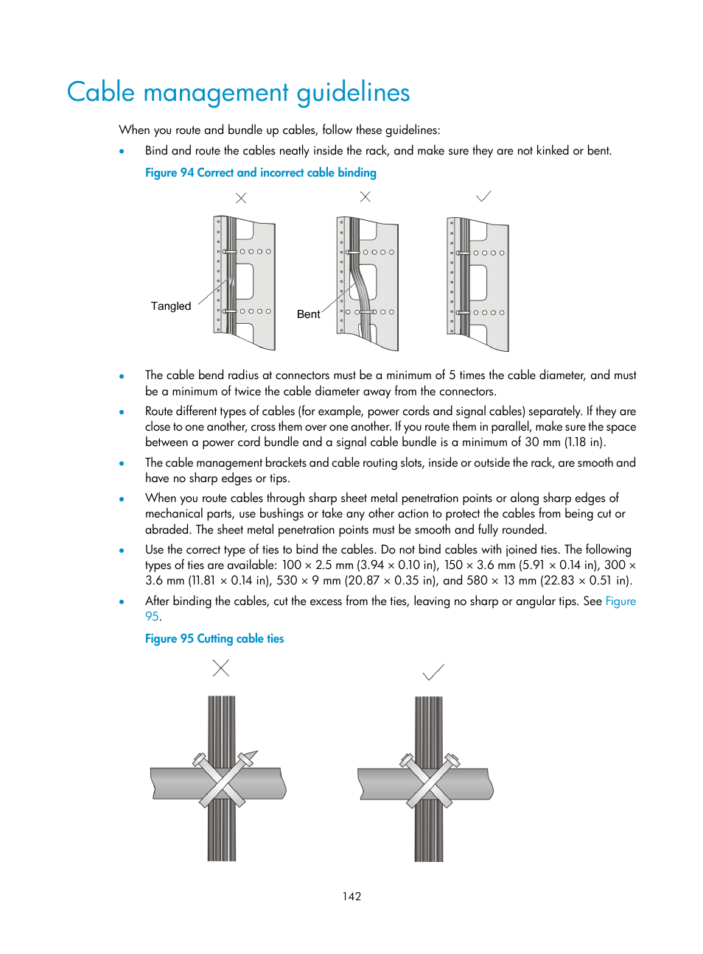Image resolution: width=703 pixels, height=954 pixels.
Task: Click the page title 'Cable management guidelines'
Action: tap(238, 93)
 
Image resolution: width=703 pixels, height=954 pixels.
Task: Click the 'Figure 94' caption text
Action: tap(260, 173)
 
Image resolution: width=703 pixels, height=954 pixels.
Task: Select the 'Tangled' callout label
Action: tap(170, 306)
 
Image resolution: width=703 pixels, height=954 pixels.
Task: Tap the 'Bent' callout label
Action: tap(308, 314)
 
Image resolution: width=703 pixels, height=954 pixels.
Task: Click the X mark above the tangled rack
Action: tap(241, 198)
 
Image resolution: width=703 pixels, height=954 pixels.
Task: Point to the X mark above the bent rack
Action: tap(365, 197)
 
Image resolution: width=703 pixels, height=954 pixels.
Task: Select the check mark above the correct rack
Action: tap(483, 197)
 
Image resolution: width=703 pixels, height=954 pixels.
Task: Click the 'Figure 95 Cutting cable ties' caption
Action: tap(214, 639)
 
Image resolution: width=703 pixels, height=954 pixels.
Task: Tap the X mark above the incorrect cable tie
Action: tap(220, 668)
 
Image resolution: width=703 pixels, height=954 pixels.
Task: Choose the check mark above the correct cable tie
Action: tap(433, 672)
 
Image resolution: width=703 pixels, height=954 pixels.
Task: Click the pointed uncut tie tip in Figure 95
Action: tap(252, 755)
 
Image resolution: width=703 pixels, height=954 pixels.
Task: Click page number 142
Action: tap(351, 897)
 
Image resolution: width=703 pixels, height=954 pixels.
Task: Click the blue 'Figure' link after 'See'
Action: tap(620, 601)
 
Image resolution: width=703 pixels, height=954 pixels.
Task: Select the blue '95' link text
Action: tap(152, 617)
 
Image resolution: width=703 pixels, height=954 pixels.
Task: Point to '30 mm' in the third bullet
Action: tap(542, 442)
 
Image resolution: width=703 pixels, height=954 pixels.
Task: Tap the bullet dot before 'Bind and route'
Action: tap(122, 152)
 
